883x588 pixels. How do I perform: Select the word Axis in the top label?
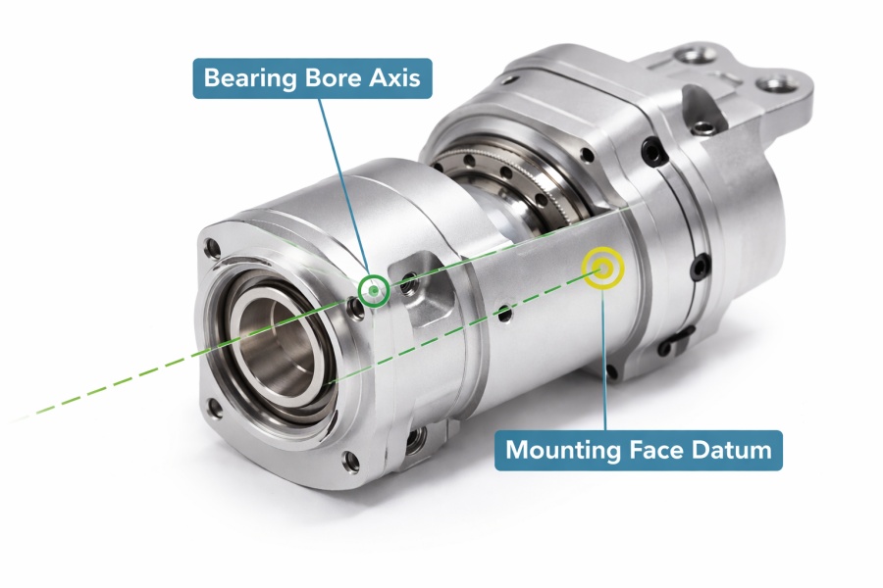pos(395,77)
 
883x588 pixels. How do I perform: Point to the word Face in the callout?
pos(654,451)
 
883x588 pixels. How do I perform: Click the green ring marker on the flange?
pos(374,290)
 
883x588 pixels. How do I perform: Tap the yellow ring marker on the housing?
pos(601,268)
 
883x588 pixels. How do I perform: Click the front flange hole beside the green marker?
pos(356,301)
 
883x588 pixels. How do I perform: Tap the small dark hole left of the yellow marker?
pos(504,314)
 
